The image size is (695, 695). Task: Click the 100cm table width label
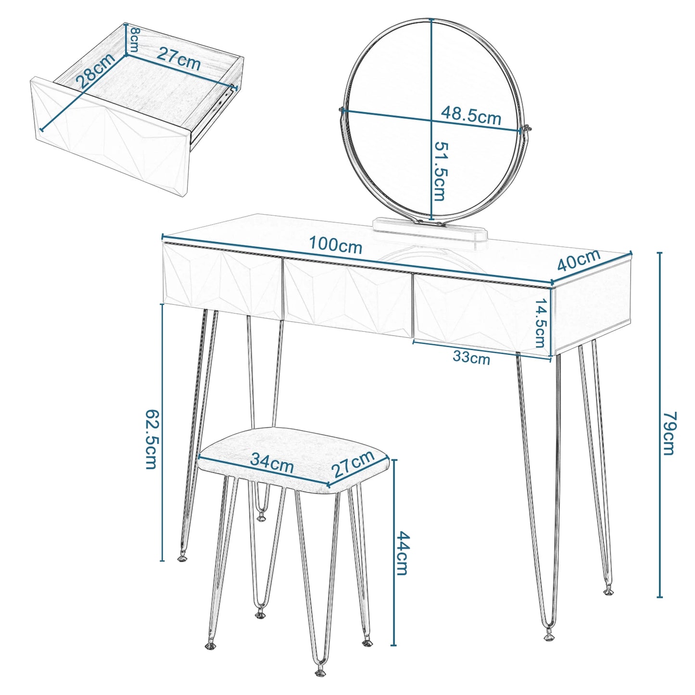pyautogui.click(x=335, y=245)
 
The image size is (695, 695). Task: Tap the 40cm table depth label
pyautogui.click(x=579, y=261)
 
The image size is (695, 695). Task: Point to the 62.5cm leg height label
pyautogui.click(x=152, y=439)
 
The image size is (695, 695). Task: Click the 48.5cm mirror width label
pyautogui.click(x=471, y=116)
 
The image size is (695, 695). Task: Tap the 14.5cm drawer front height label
pyautogui.click(x=541, y=323)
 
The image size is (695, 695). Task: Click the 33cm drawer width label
pyautogui.click(x=471, y=358)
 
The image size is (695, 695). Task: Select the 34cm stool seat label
pyautogui.click(x=272, y=463)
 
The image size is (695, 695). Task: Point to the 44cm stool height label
pyautogui.click(x=402, y=553)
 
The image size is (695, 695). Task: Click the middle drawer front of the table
pyautogui.click(x=347, y=297)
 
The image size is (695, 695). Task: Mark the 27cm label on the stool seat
pyautogui.click(x=354, y=464)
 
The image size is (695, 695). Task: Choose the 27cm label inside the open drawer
pyautogui.click(x=178, y=59)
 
